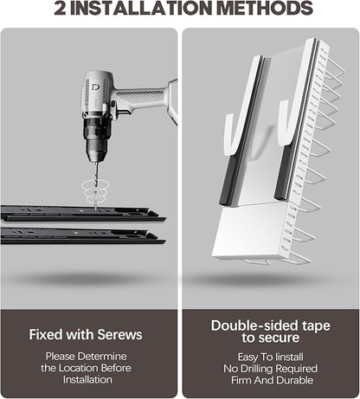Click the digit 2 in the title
[x=60, y=8]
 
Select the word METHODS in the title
[x=265, y=8]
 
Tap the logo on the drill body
[x=95, y=87]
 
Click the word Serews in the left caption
[x=119, y=335]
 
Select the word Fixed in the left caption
[x=46, y=335]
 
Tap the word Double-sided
[x=254, y=325]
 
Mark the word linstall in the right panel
[x=289, y=357]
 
